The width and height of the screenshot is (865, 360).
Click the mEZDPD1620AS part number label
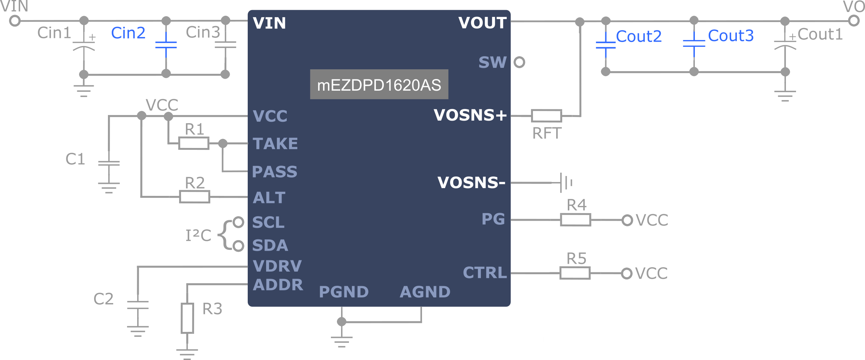click(379, 85)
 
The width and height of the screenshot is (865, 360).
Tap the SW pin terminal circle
click(519, 62)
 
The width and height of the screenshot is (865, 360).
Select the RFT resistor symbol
click(546, 116)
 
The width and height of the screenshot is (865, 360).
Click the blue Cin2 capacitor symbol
click(166, 45)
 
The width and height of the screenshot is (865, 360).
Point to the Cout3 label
click(730, 36)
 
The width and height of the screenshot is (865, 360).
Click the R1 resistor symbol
click(193, 143)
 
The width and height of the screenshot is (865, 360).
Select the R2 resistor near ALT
click(195, 197)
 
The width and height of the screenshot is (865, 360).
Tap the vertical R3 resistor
click(187, 318)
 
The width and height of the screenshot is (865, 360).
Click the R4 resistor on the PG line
click(575, 220)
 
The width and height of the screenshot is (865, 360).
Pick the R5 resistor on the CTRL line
click(575, 273)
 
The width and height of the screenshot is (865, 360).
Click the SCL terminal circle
click(238, 222)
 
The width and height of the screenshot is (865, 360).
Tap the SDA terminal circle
click(238, 246)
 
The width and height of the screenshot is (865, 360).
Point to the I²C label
click(198, 235)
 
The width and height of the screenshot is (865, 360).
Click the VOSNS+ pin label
click(470, 115)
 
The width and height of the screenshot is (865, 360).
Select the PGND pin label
click(344, 292)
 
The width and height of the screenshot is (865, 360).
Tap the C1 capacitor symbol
click(109, 163)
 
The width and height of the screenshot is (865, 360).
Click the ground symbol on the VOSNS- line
click(565, 183)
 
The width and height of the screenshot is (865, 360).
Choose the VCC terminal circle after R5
click(627, 273)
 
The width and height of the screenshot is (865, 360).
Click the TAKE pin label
click(275, 144)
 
